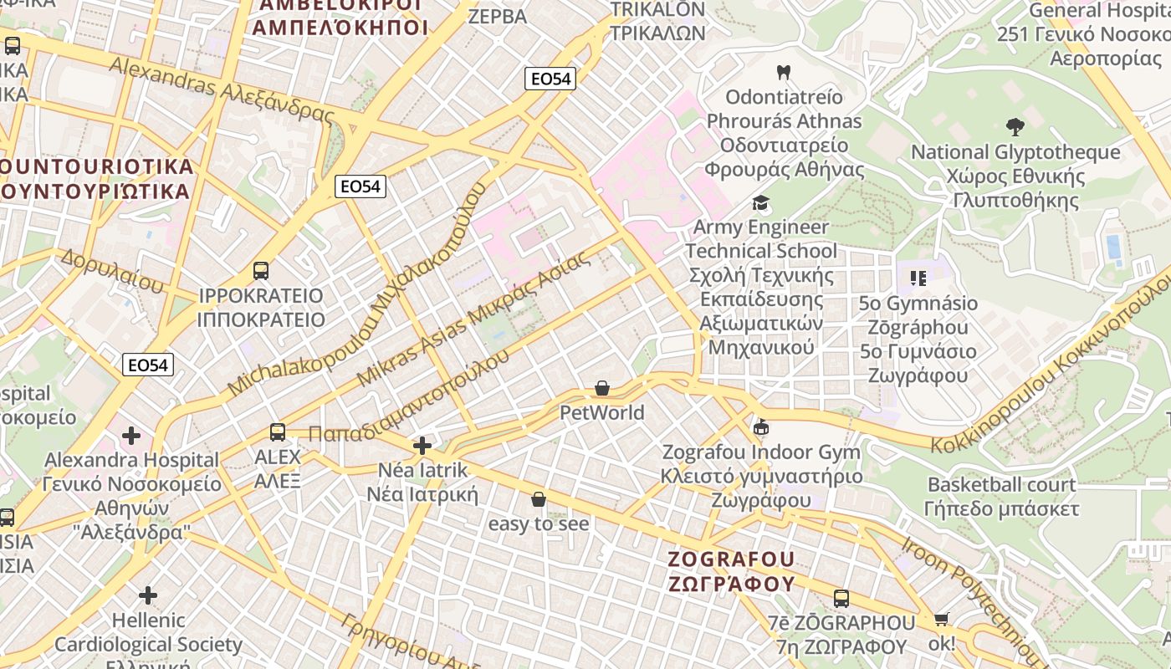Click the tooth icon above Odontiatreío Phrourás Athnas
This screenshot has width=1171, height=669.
pos(783,73)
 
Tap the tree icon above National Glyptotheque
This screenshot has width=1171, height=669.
pos(1015,127)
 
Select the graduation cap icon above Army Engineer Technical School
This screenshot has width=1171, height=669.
pos(760,202)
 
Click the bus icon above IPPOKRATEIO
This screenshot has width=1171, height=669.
pos(261,271)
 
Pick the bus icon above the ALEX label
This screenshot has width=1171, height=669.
pos(278,432)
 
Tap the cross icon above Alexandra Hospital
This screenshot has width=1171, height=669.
pos(131,436)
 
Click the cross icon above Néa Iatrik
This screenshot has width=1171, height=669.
pos(422,445)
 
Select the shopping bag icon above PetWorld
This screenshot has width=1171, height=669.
pos(601,388)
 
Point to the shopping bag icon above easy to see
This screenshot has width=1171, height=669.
pos(539,499)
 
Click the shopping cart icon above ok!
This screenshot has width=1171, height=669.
pos(942,620)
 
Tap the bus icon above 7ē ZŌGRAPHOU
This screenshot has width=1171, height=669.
pos(841,599)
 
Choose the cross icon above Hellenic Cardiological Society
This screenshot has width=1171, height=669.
pos(148,595)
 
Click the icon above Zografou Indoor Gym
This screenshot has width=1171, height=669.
pos(760,427)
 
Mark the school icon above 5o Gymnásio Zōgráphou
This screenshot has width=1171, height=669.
pos(918,278)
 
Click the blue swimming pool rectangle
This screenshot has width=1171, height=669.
pos(1113,247)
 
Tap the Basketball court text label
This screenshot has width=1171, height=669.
pos(1001,484)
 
